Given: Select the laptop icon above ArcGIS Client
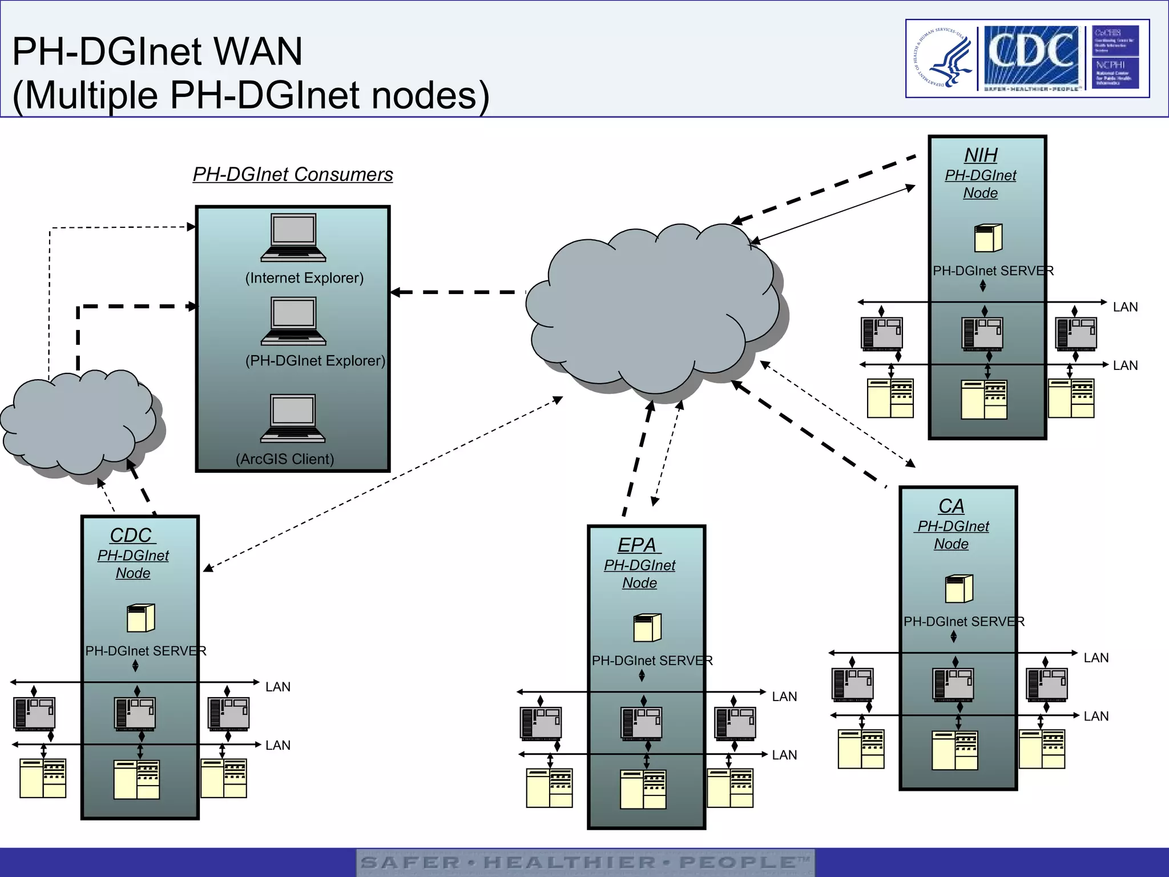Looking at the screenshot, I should click(x=293, y=419).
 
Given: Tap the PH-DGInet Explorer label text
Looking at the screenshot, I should click(x=315, y=361).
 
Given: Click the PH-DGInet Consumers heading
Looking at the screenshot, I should click(x=293, y=174).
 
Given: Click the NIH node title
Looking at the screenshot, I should click(x=981, y=155).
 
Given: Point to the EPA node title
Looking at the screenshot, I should click(x=638, y=545).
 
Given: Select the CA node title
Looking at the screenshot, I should click(x=951, y=506).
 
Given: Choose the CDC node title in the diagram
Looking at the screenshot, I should click(x=132, y=536).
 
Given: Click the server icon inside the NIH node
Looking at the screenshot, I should click(x=988, y=238).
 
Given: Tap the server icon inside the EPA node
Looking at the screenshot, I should click(x=647, y=627).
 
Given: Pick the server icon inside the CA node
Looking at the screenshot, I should click(x=959, y=589).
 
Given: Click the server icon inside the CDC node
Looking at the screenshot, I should click(x=140, y=618).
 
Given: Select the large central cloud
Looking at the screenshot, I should click(x=651, y=308).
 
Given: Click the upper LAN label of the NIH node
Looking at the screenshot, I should click(x=1125, y=307).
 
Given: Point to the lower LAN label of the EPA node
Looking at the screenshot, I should click(x=784, y=755).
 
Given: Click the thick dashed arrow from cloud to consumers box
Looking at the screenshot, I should click(x=457, y=292).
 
